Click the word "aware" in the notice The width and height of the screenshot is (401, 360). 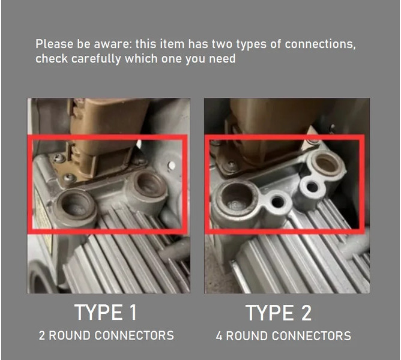pos(112,44)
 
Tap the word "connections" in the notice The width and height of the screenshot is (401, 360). pos(320,44)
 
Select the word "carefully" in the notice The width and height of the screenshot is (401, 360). pos(96,59)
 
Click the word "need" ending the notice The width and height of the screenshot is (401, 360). pos(222,59)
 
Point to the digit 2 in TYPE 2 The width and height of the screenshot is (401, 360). pos(306,313)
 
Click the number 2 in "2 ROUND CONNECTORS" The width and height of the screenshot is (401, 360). pos(41,335)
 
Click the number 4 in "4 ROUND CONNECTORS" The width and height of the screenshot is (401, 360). pos(219,336)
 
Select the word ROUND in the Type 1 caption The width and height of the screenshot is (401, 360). pos(70,335)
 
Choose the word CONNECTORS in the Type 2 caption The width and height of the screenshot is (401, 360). pos(312,336)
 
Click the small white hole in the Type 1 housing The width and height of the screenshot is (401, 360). pos(172,165)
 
